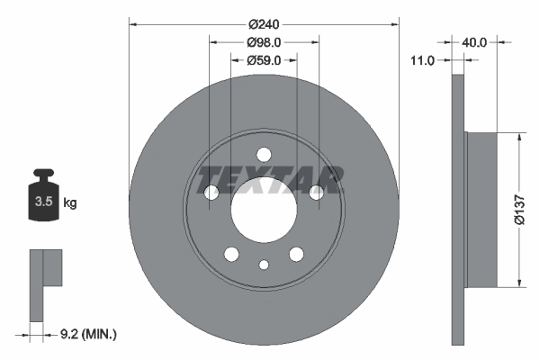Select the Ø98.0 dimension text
pyautogui.click(x=264, y=41)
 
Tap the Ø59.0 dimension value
pyautogui.click(x=264, y=60)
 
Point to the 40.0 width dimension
pyautogui.click(x=474, y=41)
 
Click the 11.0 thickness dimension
pyautogui.click(x=422, y=60)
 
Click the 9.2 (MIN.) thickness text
pyautogui.click(x=87, y=335)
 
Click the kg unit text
pyautogui.click(x=70, y=203)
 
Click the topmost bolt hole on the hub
pyautogui.click(x=264, y=154)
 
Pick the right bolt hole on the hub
pyautogui.click(x=316, y=193)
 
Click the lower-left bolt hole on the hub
pyautogui.click(x=231, y=254)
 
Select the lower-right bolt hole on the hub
pyautogui.click(x=296, y=254)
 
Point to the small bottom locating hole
pyautogui.click(x=264, y=265)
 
